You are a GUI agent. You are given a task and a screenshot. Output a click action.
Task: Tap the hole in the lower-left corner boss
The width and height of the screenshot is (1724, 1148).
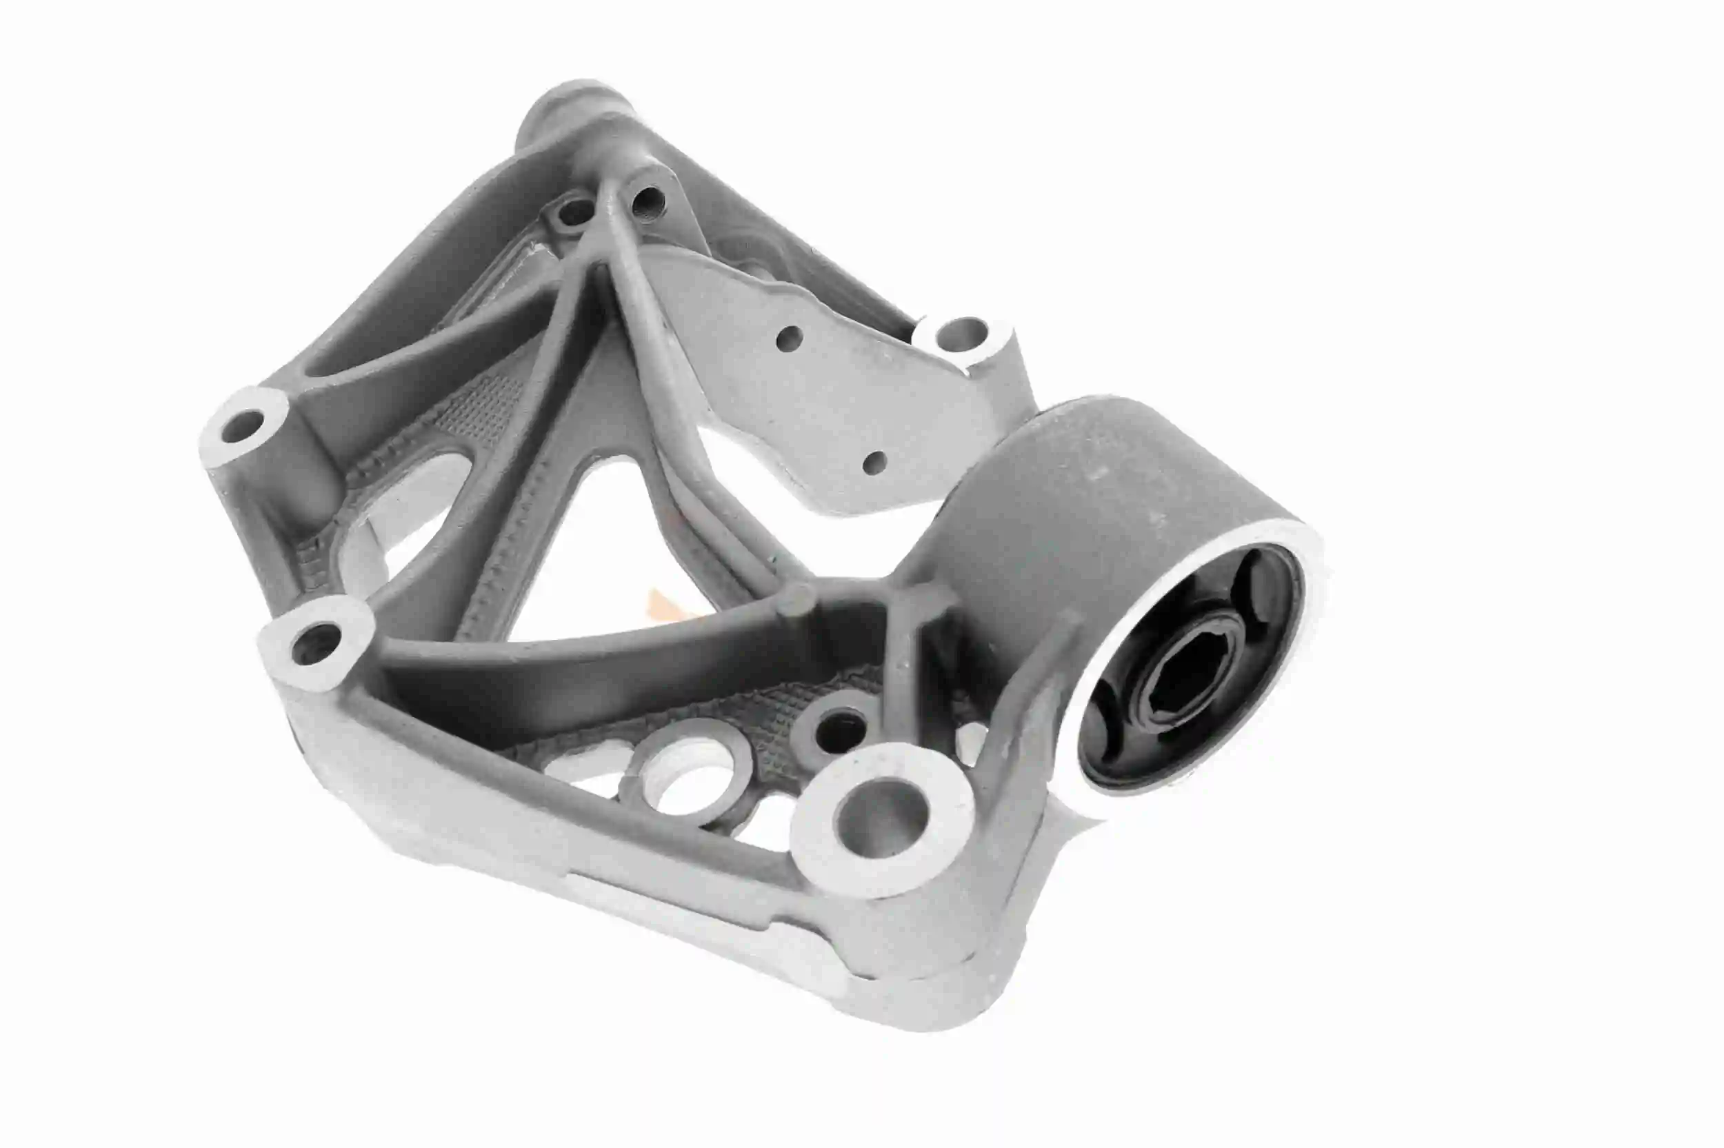pyautogui.click(x=313, y=642)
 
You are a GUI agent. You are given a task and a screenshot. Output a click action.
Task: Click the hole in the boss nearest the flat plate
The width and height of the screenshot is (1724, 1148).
pyautogui.click(x=960, y=335)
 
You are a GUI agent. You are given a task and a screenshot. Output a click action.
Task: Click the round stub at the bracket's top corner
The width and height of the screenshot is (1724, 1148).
pyautogui.click(x=572, y=110)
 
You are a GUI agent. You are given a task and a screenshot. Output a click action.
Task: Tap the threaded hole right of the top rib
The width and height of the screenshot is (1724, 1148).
pyautogui.click(x=647, y=199)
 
